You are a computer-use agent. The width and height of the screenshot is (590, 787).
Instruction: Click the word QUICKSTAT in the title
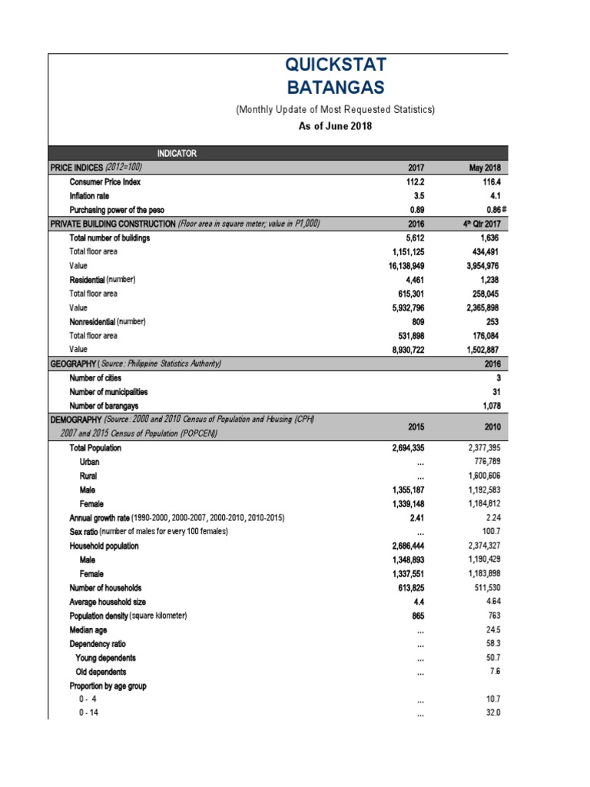click(335, 66)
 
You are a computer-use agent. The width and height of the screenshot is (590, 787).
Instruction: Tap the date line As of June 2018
click(335, 125)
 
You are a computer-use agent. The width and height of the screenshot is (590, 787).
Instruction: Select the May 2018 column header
click(484, 168)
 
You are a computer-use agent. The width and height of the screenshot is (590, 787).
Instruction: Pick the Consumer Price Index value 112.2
click(413, 182)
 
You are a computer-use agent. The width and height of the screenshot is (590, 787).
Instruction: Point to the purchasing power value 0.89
click(416, 210)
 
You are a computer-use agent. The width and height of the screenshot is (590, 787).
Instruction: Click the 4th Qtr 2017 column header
click(481, 224)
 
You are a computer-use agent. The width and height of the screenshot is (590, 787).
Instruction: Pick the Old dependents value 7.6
click(493, 671)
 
